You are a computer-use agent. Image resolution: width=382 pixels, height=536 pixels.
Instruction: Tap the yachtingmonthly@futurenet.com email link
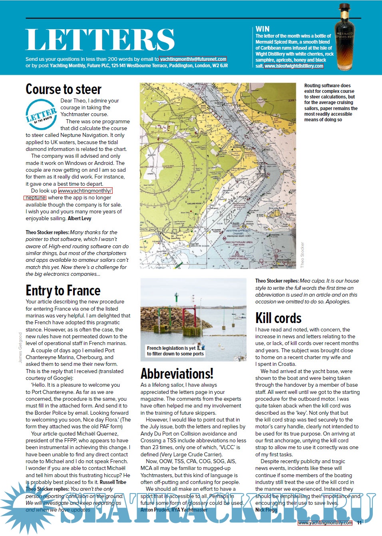pyautogui.click(x=193, y=59)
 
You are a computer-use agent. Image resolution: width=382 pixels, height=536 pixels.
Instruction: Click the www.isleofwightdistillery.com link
pyautogui.click(x=294, y=66)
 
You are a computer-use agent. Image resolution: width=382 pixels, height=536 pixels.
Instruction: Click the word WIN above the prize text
pyautogui.click(x=263, y=29)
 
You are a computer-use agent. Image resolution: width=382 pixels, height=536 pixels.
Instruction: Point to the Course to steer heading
pyautogui.click(x=64, y=89)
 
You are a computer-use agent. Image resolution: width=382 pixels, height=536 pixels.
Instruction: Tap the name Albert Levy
pyautogui.click(x=80, y=219)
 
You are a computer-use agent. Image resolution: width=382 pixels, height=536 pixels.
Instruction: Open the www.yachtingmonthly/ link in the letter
pyautogui.click(x=85, y=191)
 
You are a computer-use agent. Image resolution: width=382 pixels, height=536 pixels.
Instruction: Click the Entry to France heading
pyautogui.click(x=63, y=291)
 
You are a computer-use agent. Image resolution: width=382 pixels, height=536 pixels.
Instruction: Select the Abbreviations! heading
pyautogui.click(x=177, y=373)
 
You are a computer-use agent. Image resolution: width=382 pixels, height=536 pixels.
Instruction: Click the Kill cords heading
pyautogui.click(x=279, y=318)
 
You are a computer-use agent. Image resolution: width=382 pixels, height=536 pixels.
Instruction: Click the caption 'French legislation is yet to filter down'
pyautogui.click(x=175, y=351)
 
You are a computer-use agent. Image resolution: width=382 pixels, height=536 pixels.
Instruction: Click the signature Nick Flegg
pyautogui.click(x=266, y=510)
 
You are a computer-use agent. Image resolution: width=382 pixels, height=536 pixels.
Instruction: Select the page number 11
pyautogui.click(x=359, y=523)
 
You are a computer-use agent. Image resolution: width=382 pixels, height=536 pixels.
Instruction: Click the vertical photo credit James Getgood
pyautogui.click(x=21, y=347)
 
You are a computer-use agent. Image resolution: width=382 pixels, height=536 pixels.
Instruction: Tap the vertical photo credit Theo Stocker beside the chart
pyautogui.click(x=302, y=255)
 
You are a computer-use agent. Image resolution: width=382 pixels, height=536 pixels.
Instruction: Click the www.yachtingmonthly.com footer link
pyautogui.click(x=325, y=523)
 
